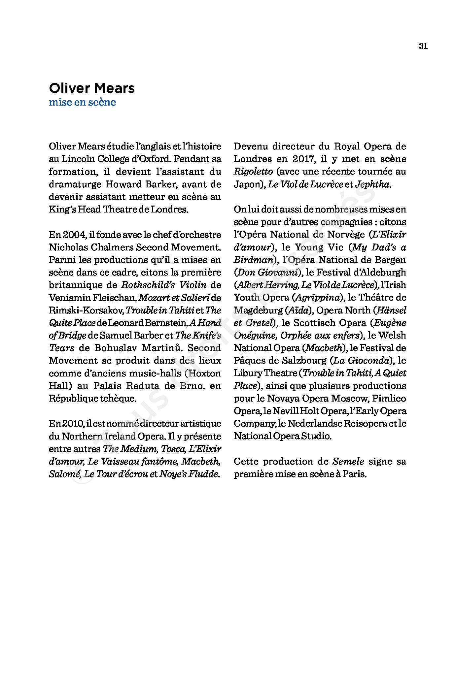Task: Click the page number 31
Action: (423, 46)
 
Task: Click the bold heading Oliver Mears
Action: (92, 88)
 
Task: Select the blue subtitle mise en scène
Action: (82, 102)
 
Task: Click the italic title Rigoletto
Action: (253, 172)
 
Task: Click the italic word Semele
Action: (348, 462)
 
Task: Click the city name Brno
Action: (192, 386)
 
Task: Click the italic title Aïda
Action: (298, 310)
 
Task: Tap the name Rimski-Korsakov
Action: (86, 310)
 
